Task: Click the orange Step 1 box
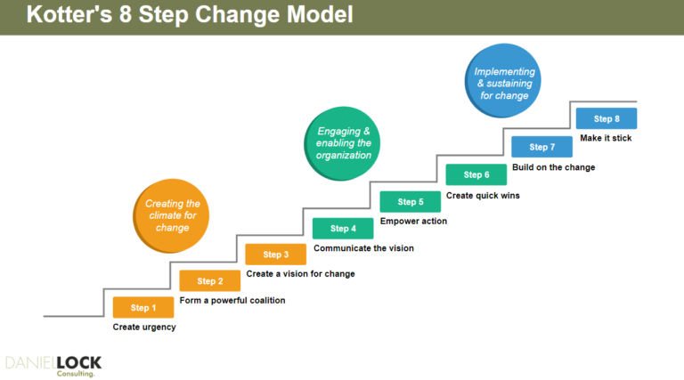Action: pos(142,308)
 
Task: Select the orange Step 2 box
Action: pos(210,281)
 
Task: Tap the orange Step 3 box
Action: pos(275,255)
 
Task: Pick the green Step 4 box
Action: pos(342,229)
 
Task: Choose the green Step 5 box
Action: pos(410,202)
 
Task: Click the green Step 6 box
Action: pos(476,175)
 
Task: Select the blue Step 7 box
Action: pos(541,147)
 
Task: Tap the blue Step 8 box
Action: pos(607,119)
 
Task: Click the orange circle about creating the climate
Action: pos(172,215)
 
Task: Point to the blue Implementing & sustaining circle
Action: pos(504,84)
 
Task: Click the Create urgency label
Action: pos(144,327)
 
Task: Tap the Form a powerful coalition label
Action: pos(232,301)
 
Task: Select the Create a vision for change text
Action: pos(300,274)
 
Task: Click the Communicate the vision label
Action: pos(363,248)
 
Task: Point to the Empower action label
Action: pos(413,222)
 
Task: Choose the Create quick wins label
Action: pos(483,195)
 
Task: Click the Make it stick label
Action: pos(606,138)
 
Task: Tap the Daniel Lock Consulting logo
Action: pos(53,365)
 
